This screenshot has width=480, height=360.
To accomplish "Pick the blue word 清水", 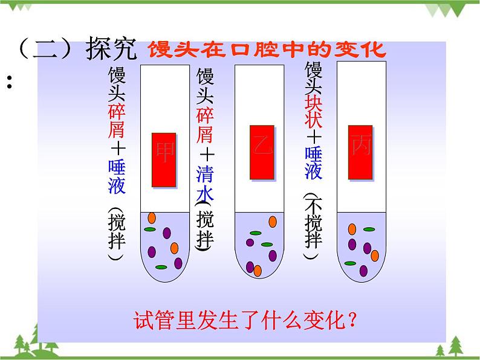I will [x=206, y=183].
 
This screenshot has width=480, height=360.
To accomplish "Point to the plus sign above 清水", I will [x=206, y=152].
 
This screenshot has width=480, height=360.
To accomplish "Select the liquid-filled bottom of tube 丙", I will [x=361, y=248].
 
